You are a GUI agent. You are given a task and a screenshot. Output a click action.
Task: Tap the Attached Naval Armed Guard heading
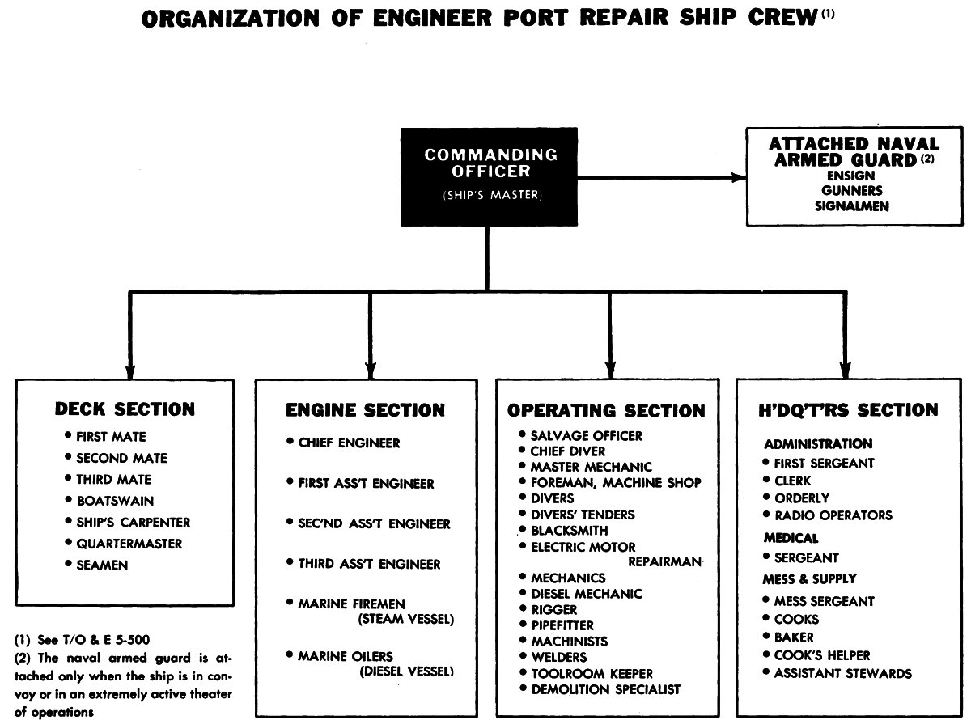(854, 152)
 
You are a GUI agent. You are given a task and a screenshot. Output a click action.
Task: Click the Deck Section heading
(125, 409)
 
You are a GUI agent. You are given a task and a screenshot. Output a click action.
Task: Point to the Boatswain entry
(114, 501)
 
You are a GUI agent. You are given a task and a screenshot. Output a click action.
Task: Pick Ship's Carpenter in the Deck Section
(133, 522)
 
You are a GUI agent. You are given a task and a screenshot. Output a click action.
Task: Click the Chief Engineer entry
(349, 443)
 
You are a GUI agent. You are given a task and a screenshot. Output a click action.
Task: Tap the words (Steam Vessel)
(405, 620)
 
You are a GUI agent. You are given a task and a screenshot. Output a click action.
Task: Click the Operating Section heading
(607, 411)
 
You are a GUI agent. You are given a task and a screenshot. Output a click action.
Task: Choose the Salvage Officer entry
(586, 435)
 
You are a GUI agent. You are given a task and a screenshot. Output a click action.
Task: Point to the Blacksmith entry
(570, 531)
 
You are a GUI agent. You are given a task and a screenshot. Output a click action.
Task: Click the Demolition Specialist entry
(605, 689)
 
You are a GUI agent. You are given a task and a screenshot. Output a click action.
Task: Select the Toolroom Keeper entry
(592, 673)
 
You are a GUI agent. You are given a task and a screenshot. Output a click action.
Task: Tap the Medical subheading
(791, 538)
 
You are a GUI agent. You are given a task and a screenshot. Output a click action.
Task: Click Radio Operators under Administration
(833, 515)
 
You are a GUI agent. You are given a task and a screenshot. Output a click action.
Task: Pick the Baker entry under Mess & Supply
(794, 637)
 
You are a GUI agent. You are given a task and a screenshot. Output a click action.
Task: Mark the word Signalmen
(853, 205)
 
